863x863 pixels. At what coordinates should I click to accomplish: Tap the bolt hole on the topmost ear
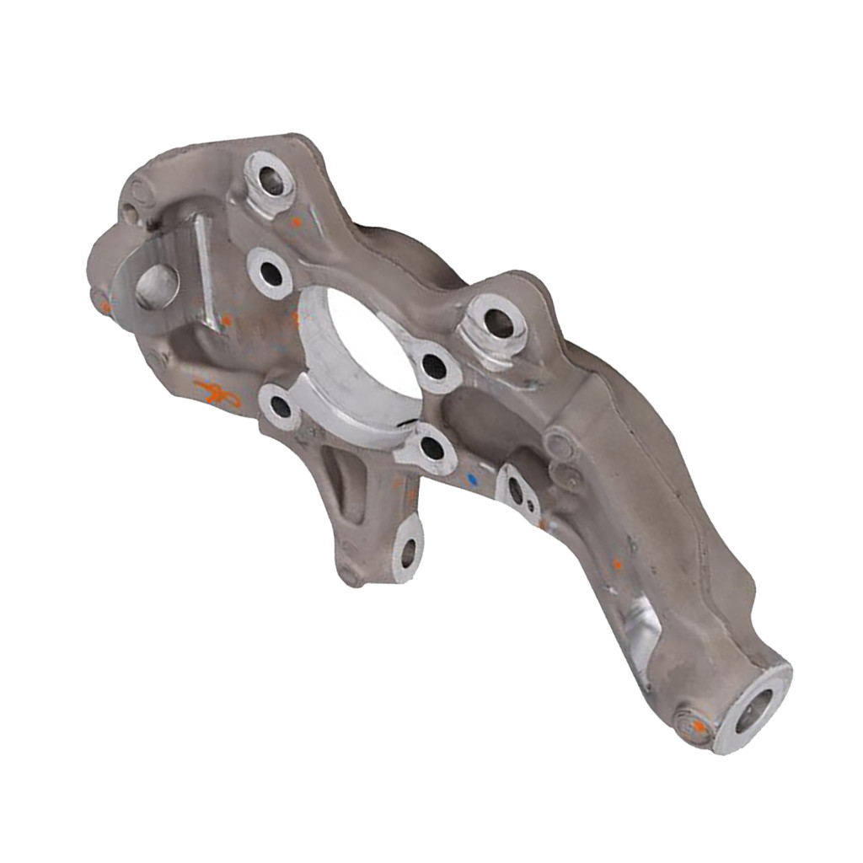coord(271,180)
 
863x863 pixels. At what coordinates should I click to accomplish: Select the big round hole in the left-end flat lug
coord(157,286)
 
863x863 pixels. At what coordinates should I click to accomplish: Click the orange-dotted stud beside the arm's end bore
coord(696,724)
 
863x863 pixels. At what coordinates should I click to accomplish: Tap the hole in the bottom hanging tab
coord(408,552)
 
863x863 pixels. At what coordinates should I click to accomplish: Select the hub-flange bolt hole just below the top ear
coord(271,273)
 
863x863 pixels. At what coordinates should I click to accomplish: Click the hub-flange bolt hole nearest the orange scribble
coord(280,409)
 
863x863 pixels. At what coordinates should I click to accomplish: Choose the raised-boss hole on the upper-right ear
coord(499,321)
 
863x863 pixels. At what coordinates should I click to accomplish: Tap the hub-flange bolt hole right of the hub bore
coord(434,365)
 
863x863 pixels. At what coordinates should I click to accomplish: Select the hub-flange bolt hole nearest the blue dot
coord(431,448)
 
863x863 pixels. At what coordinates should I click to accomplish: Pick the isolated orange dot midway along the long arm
coord(617,564)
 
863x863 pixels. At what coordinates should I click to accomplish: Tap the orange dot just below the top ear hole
coord(295,222)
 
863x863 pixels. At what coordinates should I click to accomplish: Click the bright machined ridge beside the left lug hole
coord(204,270)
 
